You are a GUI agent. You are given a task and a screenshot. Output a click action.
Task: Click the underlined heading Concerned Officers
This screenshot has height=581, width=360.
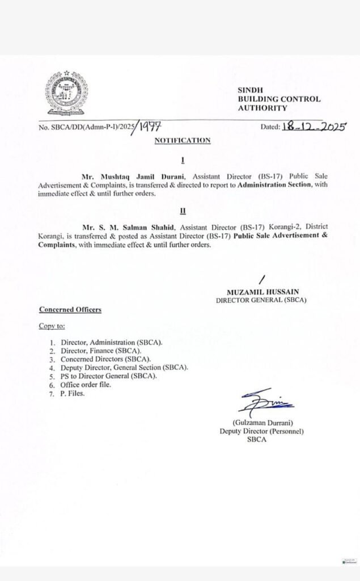coord(70,310)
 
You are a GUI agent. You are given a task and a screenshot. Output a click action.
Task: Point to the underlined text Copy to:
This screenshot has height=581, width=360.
coord(52,326)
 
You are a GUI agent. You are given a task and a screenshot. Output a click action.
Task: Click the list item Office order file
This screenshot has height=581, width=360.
coord(86,384)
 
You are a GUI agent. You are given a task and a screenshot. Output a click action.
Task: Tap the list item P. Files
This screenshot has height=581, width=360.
coord(72,393)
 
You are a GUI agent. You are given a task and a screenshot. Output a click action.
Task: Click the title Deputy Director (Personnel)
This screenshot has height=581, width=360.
coord(262,431)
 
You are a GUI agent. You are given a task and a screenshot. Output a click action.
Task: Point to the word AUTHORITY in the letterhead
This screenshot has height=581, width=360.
coord(262,108)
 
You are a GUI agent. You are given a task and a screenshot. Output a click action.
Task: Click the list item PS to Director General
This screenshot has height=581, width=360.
coord(107,376)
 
